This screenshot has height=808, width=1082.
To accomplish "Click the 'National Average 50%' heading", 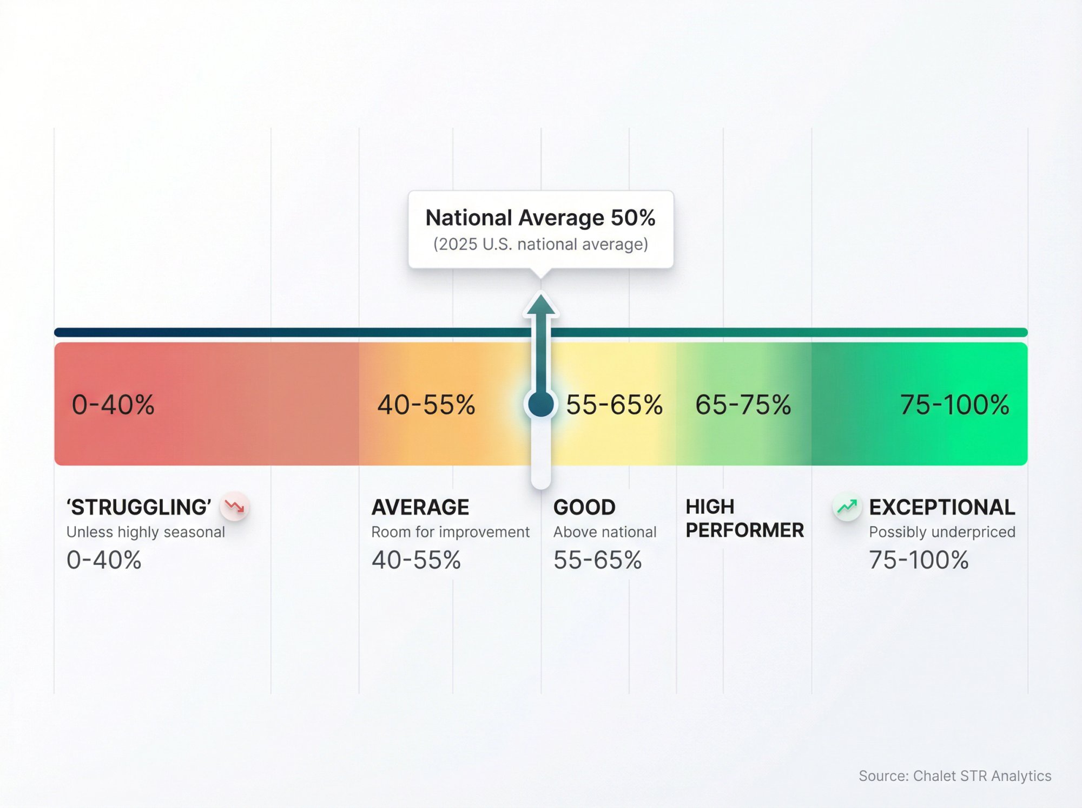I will point(540,218).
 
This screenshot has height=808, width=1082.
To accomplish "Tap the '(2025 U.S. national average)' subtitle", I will point(540,244).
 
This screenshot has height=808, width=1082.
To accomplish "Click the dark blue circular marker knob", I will point(540,404).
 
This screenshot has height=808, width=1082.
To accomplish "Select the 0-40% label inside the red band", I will point(113,405).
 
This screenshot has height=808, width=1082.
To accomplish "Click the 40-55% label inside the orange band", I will point(426,405).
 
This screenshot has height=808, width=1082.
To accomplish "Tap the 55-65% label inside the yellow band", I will point(614,405).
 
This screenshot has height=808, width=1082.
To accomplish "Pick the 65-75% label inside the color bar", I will point(743,405).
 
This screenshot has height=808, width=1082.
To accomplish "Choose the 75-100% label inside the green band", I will point(954,405).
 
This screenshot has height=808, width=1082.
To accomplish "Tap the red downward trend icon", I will point(235,507).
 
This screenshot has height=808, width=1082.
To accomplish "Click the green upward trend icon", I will point(847,507).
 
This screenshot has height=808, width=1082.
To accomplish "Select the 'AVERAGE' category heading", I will point(420,507).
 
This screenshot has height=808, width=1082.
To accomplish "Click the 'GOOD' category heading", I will point(584,507).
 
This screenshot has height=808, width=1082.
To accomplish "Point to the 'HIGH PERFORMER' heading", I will point(744,518).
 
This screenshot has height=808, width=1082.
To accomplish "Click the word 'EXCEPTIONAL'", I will point(941,507).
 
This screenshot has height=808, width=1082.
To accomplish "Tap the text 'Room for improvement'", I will point(450,532).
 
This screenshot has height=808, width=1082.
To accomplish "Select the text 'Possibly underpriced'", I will point(941,532).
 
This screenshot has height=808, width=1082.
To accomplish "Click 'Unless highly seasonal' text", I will point(146,532).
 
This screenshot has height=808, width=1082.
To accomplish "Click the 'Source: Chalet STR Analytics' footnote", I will point(955,776).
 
